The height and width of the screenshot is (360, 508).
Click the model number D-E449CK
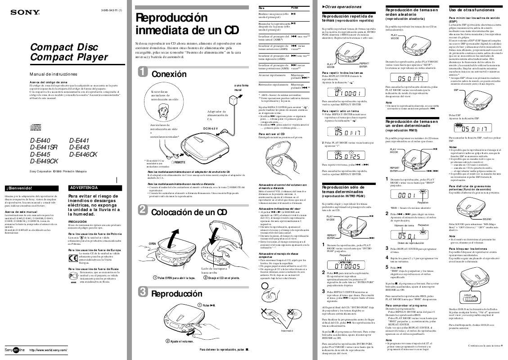click(x=44, y=161)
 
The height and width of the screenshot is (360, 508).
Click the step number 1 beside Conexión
click(x=142, y=74)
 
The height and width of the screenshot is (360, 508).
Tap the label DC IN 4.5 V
click(x=211, y=129)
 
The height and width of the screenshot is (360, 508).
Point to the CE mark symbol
click(x=74, y=258)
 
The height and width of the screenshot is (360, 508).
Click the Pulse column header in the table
click(x=295, y=9)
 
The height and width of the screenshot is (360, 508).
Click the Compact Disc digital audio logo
click(x=35, y=126)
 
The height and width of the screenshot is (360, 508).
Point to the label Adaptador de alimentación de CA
click(x=217, y=115)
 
